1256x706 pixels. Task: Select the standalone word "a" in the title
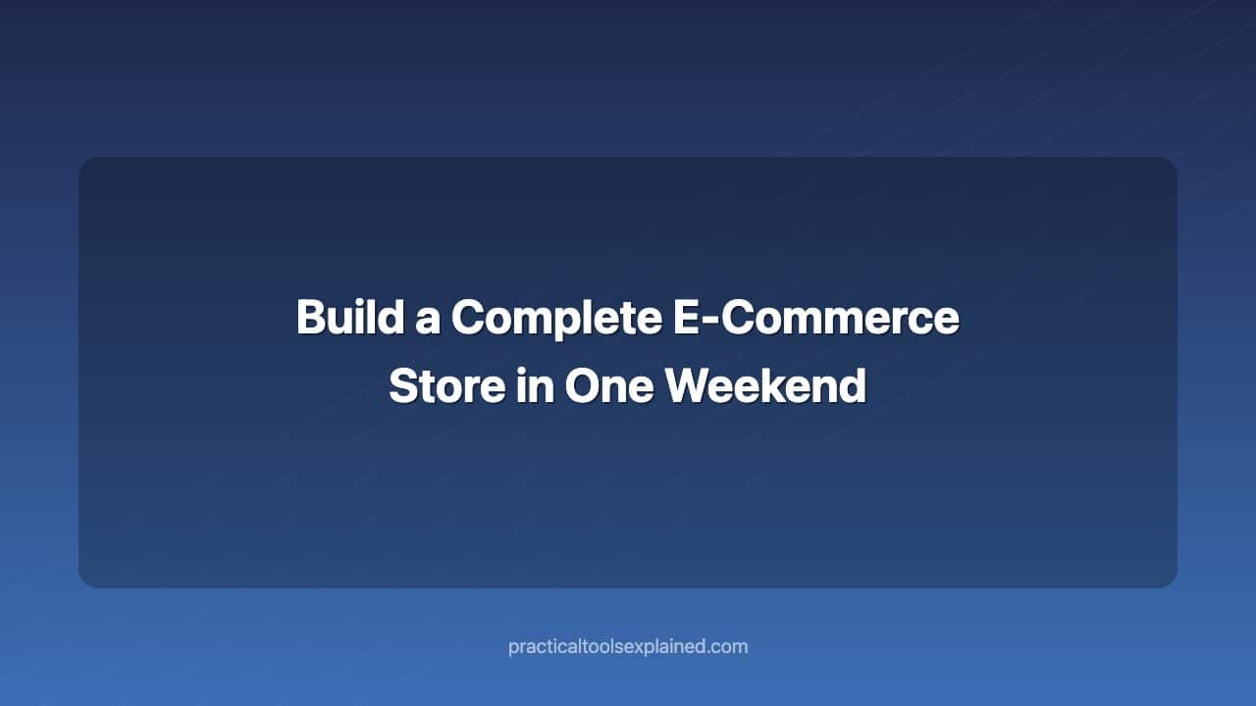pos(428,320)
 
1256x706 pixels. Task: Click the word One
pos(609,386)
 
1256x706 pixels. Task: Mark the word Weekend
pos(766,386)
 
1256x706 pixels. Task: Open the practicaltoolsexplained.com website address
pos(628,647)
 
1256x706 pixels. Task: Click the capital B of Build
pos(311,318)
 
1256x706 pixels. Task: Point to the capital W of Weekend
pos(689,386)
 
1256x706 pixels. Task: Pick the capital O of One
pos(584,386)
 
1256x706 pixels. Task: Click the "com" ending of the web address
pos(731,647)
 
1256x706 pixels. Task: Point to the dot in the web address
pos(712,652)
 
